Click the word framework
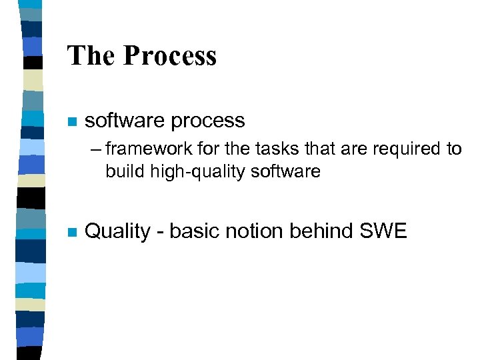[142, 149]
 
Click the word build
[121, 171]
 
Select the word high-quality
[187, 172]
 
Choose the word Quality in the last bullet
[118, 232]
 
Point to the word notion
[254, 231]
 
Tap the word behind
[322, 231]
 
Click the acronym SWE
[383, 231]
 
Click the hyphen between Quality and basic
[160, 233]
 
